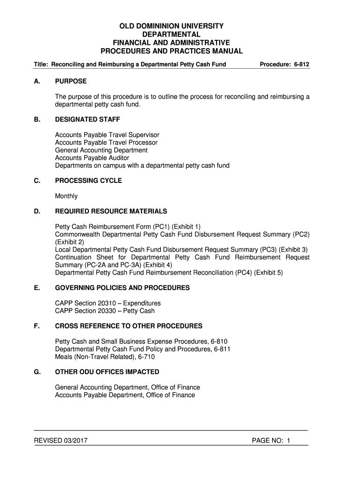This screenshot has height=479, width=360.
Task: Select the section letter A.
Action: [36, 81]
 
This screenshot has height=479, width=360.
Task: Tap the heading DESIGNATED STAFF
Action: [87, 120]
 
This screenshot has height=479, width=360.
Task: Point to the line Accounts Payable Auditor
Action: [92, 158]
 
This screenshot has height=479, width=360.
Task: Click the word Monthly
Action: [66, 196]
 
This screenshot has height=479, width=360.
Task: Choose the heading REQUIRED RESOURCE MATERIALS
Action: [111, 211]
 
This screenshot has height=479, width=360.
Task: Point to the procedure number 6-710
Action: [146, 356]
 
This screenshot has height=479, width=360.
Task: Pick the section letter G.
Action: [37, 372]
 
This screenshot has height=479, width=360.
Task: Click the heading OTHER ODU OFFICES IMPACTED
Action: [107, 372]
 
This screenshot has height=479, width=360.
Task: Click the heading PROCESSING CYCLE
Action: [88, 181]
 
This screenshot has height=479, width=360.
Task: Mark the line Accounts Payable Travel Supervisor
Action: [107, 135]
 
